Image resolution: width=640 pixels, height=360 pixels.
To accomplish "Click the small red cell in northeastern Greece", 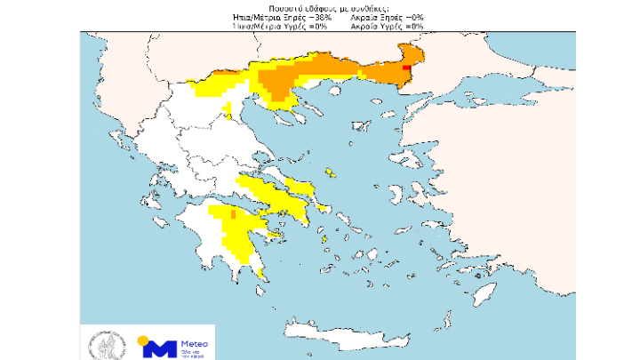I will point(406,67).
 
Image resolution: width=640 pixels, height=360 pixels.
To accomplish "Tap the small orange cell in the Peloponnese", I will point(233,214).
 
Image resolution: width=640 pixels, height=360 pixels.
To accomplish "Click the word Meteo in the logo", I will point(193,342).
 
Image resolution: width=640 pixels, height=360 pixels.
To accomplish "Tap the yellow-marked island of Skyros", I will point(330,173).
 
